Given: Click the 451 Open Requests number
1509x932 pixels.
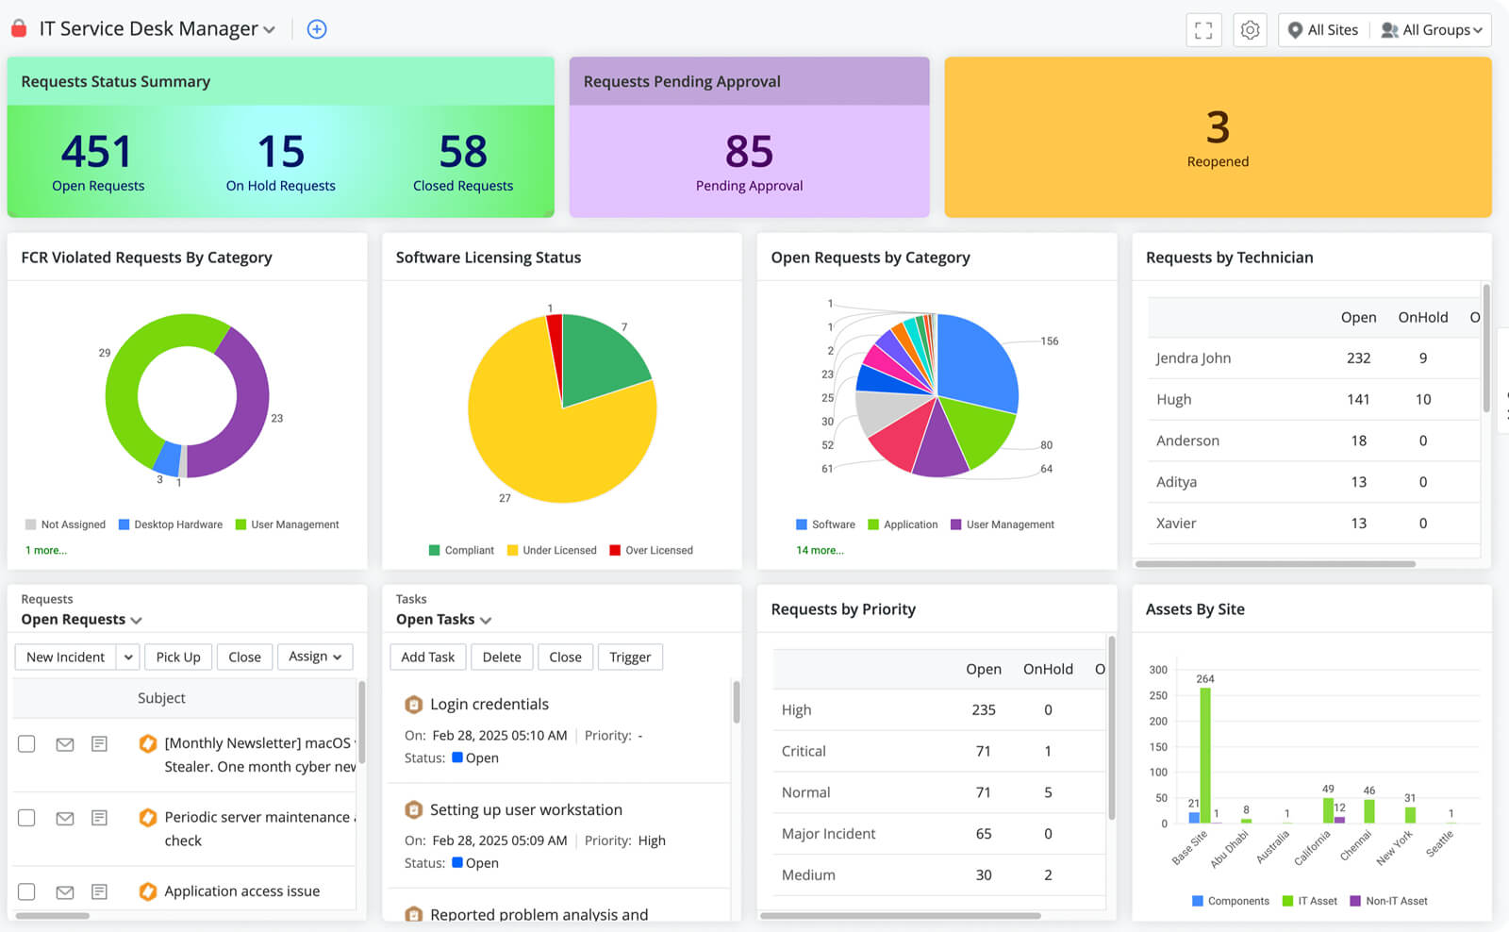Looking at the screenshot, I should coord(96,152).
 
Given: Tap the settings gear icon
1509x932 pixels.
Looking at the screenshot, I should coord(1250,30).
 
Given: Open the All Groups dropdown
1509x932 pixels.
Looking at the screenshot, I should coord(1432,30).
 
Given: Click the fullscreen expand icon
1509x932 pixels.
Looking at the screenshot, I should coord(1203,30).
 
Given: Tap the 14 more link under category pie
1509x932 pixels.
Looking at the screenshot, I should coord(820,550).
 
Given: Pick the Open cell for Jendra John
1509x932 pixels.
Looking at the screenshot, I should coord(1358,358).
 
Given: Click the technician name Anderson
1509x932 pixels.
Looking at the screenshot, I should coord(1187,441).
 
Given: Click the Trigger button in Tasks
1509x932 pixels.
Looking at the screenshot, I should coord(630,657).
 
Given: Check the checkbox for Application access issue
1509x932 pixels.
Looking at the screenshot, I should coord(26,891).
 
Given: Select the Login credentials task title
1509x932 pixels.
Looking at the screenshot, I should coord(489,705).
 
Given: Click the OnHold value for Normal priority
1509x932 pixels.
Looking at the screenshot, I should coord(1048,792).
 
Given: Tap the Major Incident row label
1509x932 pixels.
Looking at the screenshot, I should coord(828,834).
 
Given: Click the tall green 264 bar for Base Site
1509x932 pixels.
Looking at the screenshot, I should coord(1205,755).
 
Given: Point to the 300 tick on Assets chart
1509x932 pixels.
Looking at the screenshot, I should coord(1158,670).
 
